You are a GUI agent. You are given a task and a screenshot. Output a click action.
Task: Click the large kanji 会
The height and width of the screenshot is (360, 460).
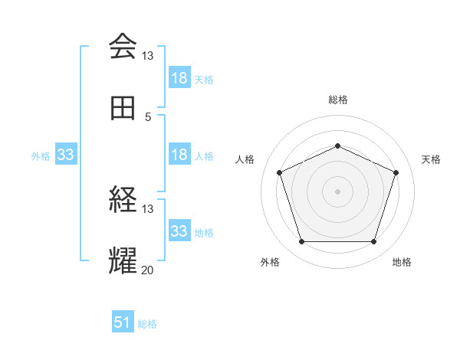coord(123,46)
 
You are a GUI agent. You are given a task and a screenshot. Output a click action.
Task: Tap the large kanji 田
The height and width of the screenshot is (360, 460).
coord(123,109)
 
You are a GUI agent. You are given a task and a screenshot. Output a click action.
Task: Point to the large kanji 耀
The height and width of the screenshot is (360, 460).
coord(123,261)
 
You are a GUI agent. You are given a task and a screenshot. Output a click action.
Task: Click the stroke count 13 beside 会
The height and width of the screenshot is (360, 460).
coord(148,56)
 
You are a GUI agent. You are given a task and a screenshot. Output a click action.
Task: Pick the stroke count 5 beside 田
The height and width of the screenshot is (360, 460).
coord(148,117)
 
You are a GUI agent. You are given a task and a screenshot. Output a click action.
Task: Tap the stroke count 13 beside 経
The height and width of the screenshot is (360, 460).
coord(148,209)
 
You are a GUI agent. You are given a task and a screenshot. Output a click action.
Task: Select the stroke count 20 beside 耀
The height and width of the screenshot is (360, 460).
coord(148,270)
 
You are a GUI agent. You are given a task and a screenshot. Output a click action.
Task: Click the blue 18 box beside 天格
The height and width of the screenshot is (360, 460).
coord(179,78)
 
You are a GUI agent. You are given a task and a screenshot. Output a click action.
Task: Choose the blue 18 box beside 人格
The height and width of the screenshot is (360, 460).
coord(179,155)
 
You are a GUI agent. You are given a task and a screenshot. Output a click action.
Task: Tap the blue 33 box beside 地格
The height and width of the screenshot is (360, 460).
coord(179,231)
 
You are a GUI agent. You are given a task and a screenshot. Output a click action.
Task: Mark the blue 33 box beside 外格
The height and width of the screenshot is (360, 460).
coord(65,155)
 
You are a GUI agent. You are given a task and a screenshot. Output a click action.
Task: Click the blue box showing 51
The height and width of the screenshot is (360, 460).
coord(123,322)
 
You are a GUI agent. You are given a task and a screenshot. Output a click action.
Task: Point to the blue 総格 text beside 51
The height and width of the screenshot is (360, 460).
coord(147,324)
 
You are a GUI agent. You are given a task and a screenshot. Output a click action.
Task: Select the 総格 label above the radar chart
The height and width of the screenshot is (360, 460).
coord(337,100)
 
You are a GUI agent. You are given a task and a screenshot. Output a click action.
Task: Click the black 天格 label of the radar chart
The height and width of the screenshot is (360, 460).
coord(432,159)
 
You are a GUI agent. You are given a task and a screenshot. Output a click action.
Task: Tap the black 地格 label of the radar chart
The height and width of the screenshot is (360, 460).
coord(402,262)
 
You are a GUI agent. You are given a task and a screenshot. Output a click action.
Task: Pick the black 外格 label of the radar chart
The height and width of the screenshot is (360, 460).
coord(270,262)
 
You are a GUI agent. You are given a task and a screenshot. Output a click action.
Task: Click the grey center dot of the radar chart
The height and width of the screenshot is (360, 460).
coord(337,191)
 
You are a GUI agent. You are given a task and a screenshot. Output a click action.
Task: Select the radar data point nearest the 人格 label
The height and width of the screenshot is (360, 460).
coord(279,172)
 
